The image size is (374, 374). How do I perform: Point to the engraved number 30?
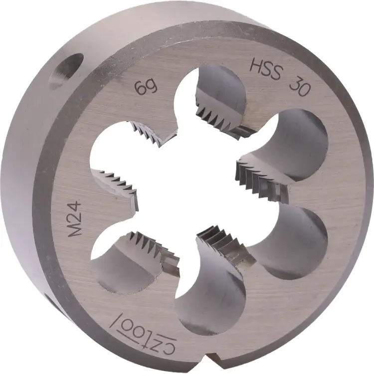[301, 85]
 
